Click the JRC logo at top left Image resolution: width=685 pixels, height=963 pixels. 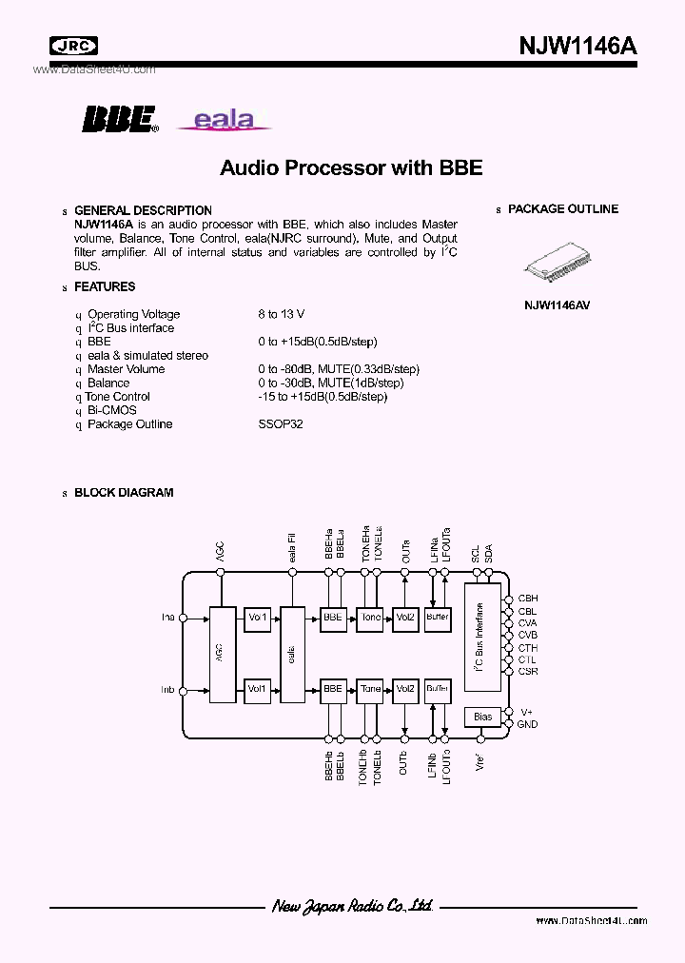tap(73, 46)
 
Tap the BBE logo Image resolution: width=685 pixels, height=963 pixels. tap(119, 118)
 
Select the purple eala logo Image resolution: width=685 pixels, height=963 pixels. tap(224, 120)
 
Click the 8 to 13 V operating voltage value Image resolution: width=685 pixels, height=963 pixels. tap(281, 314)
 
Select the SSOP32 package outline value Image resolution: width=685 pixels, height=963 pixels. tap(280, 424)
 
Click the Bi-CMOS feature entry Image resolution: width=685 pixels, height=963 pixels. tap(111, 410)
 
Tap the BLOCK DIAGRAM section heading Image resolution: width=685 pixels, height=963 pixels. tap(123, 493)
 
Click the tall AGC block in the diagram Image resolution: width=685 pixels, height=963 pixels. tap(221, 655)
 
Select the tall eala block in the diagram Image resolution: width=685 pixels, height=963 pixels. tap(291, 655)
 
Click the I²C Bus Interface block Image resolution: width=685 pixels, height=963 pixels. tap(482, 638)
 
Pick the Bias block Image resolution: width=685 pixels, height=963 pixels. tap(482, 716)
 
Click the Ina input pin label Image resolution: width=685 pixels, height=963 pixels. tap(167, 618)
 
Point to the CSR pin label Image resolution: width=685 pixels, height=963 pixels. tap(527, 672)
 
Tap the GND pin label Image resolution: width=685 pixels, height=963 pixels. tap(527, 724)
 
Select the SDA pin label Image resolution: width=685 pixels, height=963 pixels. tap(489, 553)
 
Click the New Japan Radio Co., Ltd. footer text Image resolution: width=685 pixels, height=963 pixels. tap(352, 907)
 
